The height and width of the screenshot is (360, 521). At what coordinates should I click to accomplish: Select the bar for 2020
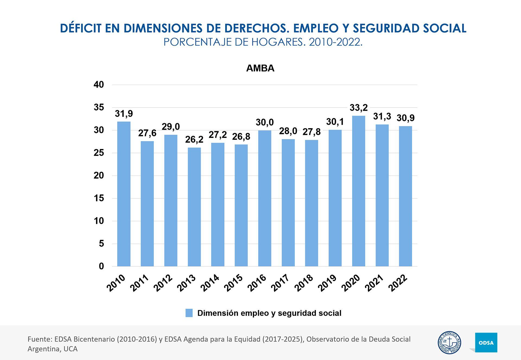point(358,191)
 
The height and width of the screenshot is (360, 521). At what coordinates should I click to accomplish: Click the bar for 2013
point(194,207)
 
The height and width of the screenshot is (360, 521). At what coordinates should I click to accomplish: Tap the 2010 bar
point(124,194)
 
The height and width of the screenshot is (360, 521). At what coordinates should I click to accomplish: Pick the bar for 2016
point(265,198)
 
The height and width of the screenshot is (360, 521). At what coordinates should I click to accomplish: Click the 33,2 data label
point(358,108)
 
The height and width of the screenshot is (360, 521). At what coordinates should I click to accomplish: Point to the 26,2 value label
point(194,139)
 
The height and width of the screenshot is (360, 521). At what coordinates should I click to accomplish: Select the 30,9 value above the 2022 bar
point(405,118)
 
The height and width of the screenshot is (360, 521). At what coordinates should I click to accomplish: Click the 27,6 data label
point(147,133)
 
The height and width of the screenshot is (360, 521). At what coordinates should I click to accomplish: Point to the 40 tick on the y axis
point(99,85)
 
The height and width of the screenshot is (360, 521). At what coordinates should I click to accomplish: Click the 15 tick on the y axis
point(99,198)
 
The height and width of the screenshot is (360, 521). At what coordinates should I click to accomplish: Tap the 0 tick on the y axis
point(101,266)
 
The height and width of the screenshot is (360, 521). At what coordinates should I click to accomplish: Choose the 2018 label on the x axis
point(304,283)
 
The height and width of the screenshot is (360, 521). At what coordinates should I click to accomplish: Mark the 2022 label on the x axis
point(398,283)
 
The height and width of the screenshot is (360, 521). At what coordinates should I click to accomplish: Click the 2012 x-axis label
point(163,283)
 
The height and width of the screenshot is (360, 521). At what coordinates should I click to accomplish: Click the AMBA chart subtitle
point(260,68)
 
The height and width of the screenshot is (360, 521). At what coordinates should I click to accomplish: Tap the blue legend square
point(189,313)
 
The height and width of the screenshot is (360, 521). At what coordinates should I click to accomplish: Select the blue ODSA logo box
point(486,343)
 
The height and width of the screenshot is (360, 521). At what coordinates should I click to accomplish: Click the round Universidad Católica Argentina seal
point(449,343)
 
